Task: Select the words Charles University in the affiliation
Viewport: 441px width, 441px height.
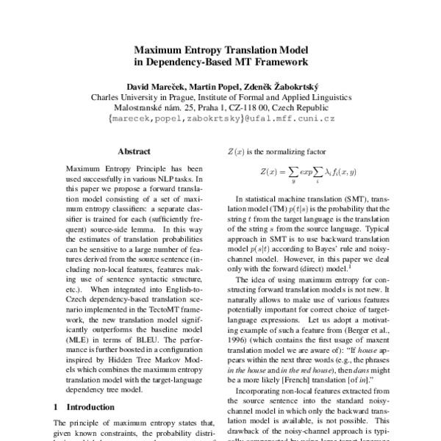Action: [x=128, y=96]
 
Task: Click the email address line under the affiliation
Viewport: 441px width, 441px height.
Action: [x=220, y=118]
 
